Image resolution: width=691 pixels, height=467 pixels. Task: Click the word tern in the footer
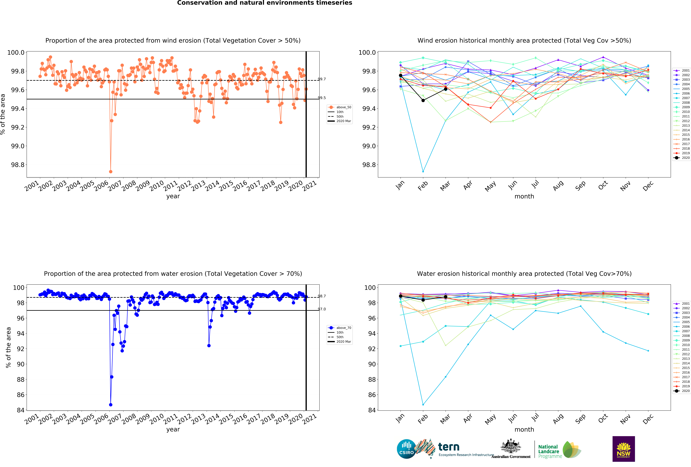449,447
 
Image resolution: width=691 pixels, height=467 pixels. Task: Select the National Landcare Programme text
550,451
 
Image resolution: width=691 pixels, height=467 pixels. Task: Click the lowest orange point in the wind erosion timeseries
111,172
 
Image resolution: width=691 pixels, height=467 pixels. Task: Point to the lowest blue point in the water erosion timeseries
111,405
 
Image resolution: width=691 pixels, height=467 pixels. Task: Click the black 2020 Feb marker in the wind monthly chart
423,101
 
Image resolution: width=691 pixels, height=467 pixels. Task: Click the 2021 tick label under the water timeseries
310,418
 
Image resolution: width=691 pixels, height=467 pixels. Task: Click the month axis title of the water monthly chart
524,430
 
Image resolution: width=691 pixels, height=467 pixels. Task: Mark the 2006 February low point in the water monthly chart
423,405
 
